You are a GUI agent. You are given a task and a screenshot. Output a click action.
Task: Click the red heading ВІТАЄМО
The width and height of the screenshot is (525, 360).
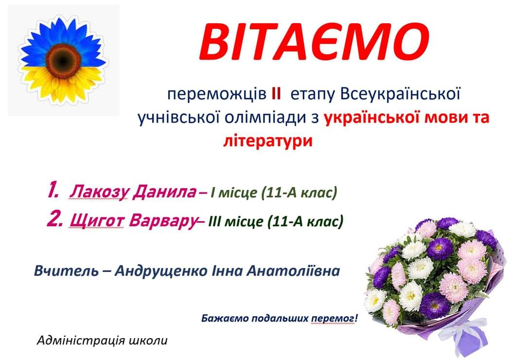[x=314, y=41]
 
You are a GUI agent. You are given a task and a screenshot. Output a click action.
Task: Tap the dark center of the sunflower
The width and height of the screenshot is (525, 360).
[x=64, y=60]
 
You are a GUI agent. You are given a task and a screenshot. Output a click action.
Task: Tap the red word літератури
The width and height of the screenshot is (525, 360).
[x=267, y=141]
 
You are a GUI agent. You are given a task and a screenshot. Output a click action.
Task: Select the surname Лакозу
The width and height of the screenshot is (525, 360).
[x=99, y=192]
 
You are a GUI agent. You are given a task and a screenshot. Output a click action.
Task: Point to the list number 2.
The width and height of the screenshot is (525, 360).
[x=54, y=220]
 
